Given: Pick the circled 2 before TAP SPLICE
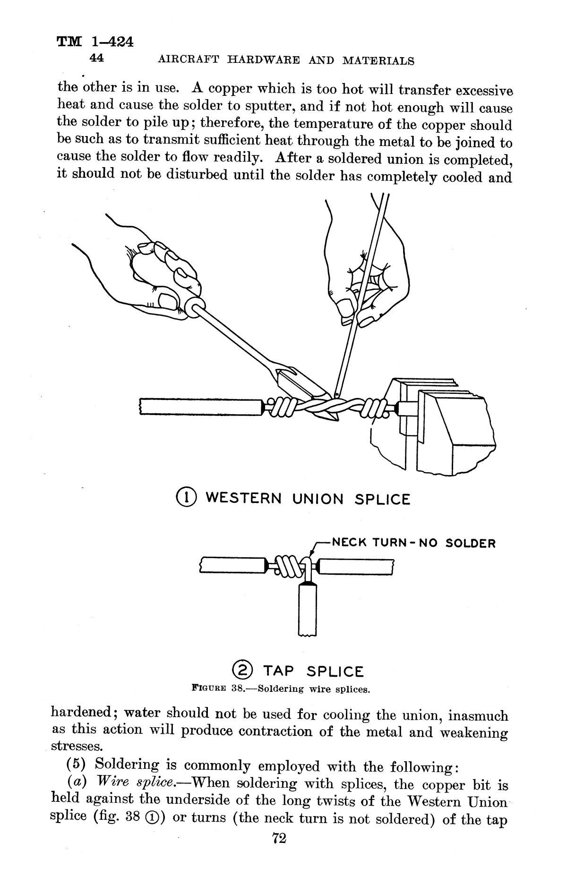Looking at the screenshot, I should pos(243,670).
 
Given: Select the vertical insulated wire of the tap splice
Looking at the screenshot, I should pos(308,609).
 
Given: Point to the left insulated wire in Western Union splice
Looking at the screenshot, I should pos(201,407).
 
